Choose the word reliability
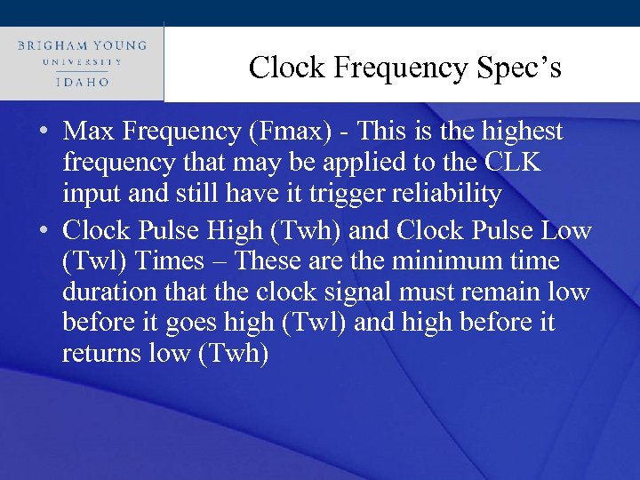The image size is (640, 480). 439,194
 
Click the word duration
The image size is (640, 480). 100,292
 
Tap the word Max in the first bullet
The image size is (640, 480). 87,132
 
